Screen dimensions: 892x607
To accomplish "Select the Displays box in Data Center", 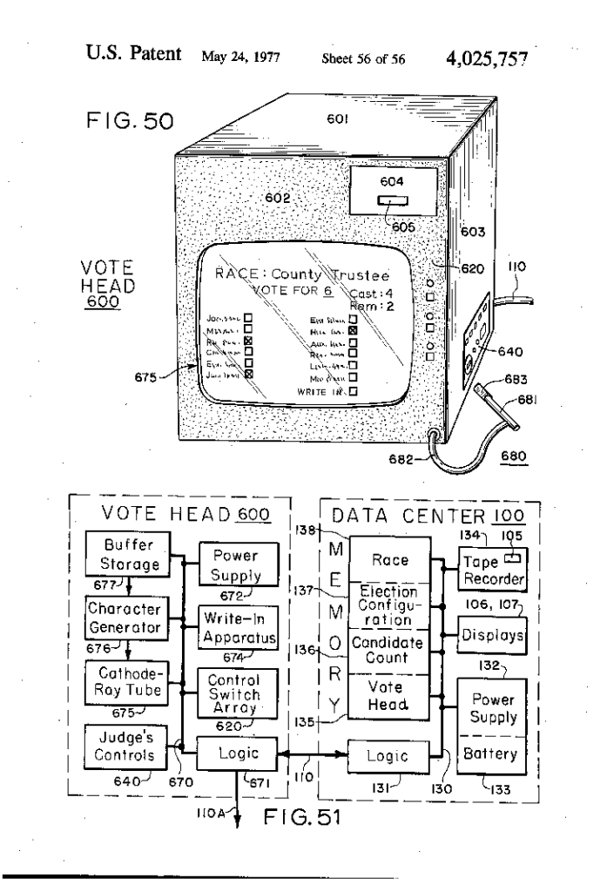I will coord(491,636).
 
